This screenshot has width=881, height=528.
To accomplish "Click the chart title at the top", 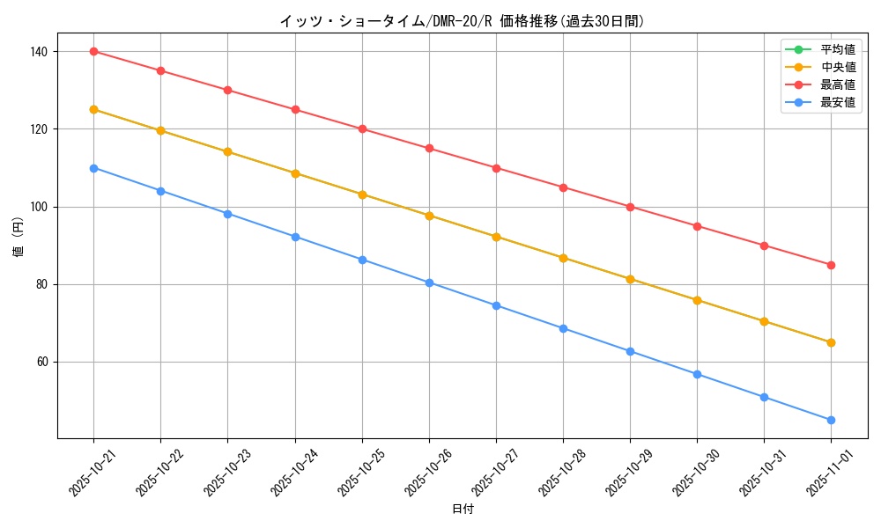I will (462, 21).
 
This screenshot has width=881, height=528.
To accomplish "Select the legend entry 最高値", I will (838, 84).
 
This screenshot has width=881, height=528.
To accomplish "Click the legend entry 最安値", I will (838, 102).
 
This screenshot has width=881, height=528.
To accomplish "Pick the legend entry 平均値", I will (838, 49).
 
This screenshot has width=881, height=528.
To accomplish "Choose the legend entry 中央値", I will (838, 67).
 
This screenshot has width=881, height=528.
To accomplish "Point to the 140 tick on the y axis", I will (38, 52).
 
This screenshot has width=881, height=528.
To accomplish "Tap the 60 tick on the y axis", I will (41, 362).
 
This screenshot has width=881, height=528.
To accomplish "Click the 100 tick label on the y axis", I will (38, 207).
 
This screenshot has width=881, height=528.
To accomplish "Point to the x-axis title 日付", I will (462, 510).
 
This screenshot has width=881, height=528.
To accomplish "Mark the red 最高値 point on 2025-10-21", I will (93, 51).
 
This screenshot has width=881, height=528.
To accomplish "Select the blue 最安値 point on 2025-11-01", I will (831, 420).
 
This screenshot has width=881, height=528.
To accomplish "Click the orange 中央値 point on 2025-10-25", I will (362, 194).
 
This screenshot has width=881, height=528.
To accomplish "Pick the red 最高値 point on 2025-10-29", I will (630, 207).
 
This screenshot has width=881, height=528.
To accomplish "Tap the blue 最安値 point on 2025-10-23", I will (227, 214).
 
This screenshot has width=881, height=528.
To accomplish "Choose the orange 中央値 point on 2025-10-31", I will (764, 321).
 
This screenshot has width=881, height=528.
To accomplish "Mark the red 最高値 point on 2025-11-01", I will (831, 265).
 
